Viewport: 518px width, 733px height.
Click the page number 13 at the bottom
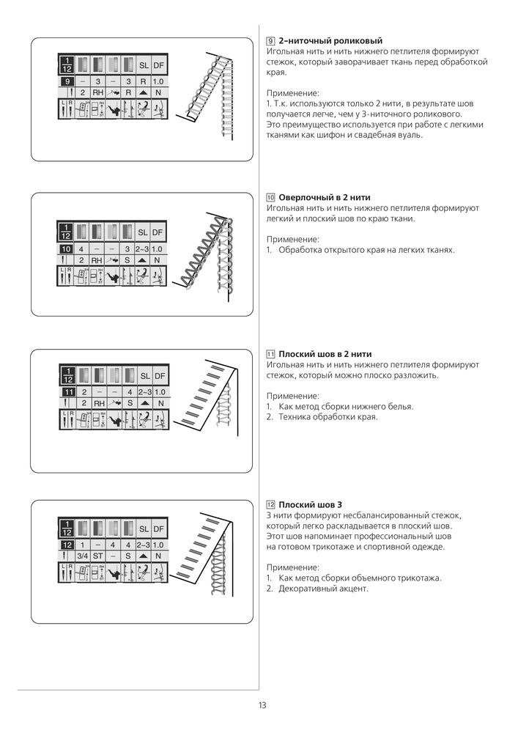point(262,705)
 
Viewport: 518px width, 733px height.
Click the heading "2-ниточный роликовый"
point(330,41)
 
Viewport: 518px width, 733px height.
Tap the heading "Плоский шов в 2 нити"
point(325,354)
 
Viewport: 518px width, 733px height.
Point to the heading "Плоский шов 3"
point(310,505)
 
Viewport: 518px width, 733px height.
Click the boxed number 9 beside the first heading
point(270,41)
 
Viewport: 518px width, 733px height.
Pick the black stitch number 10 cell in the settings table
point(66,249)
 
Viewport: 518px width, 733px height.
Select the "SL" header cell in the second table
point(143,232)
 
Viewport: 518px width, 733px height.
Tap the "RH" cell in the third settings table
point(97,403)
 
